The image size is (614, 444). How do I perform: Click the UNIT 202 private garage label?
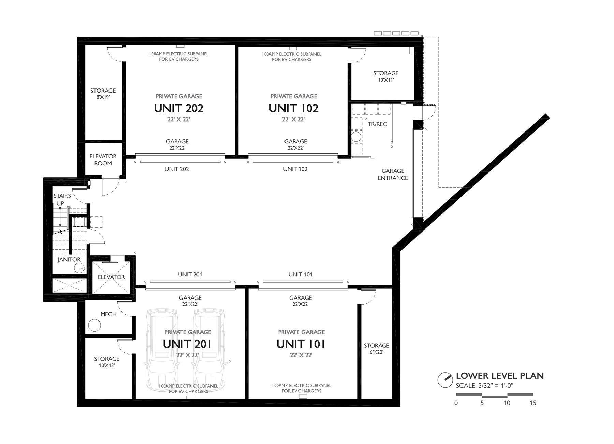179,108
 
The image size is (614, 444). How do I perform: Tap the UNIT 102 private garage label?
293,108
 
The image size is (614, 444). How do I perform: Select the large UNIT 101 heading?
301,344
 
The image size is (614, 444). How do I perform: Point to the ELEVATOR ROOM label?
103,160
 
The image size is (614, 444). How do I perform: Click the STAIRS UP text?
62,199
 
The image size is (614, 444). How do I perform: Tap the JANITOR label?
69,260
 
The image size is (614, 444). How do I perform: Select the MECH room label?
108,314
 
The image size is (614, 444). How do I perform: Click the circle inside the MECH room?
94,325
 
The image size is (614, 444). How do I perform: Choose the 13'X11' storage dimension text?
386,80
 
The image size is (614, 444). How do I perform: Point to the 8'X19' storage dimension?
103,97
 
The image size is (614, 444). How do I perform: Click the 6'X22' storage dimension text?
376,352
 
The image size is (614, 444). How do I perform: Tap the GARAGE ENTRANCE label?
393,174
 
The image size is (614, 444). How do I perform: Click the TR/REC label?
377,124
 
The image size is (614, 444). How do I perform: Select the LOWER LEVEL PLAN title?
500,376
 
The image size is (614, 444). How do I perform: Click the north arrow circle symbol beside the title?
445,379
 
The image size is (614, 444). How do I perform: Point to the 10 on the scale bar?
507,403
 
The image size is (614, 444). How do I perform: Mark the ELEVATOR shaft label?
111,277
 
